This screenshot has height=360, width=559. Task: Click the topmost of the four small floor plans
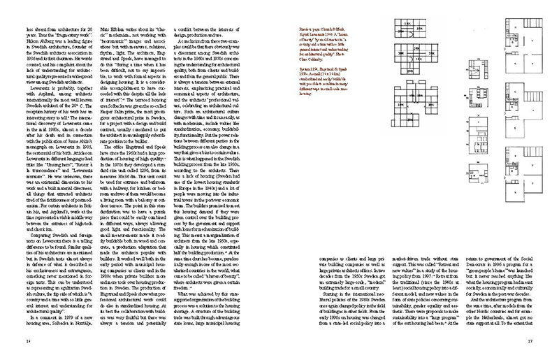pyautogui.click(x=461, y=43)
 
